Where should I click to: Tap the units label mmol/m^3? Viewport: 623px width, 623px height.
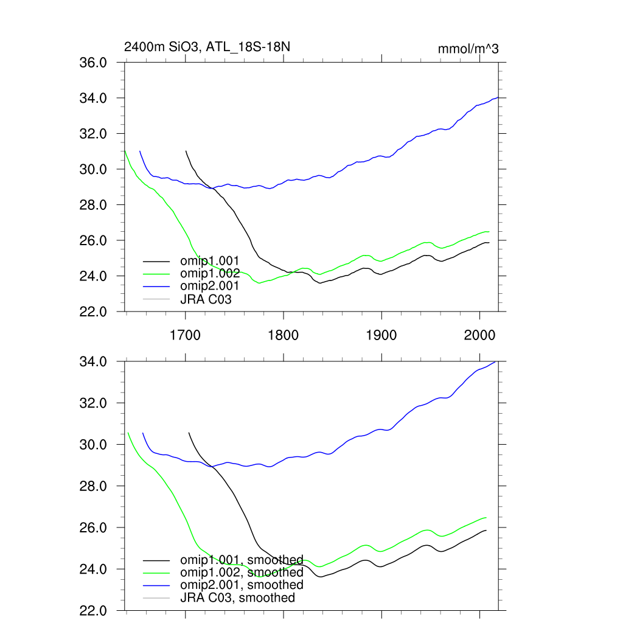(468, 49)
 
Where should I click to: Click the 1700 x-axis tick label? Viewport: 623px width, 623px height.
(185, 335)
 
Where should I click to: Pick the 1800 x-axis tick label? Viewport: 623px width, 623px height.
(283, 335)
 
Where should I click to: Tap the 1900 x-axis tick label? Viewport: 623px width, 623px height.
(381, 335)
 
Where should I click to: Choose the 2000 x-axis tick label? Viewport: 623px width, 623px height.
(479, 335)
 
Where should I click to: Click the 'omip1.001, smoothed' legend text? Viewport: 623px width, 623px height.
(242, 560)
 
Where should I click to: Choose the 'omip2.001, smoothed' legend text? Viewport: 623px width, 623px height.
(242, 585)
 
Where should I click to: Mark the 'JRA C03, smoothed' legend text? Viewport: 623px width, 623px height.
(237, 598)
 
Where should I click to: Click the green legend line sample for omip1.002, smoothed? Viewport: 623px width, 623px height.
(156, 573)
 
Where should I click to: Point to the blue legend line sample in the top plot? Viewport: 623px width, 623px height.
(156, 286)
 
